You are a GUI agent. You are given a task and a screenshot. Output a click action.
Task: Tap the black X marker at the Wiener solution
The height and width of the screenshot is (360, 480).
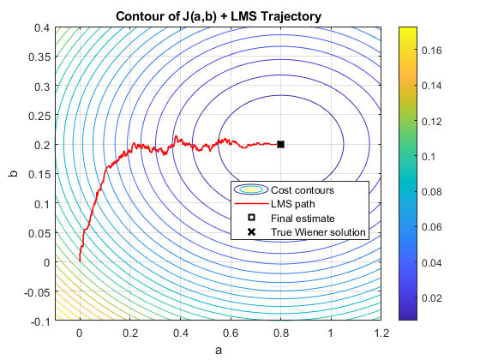click(281, 145)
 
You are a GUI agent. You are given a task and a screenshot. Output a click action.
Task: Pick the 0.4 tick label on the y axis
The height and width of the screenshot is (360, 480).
click(40, 27)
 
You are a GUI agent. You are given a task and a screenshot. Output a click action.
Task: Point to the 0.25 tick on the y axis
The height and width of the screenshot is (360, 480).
click(39, 116)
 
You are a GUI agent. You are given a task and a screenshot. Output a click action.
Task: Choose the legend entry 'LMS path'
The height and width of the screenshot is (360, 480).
click(291, 203)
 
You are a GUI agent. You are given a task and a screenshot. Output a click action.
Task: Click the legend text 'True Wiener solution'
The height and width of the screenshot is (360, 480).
click(318, 232)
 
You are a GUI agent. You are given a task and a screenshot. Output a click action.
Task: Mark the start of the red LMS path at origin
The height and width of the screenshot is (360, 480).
click(80, 261)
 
